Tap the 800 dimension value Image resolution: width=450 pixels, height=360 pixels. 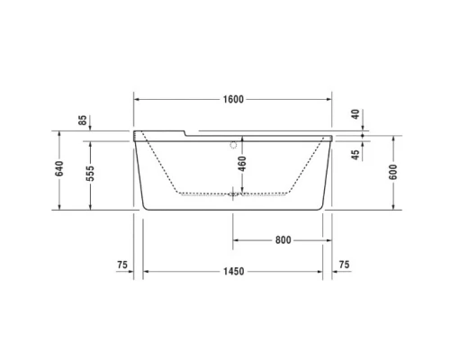(x=283, y=239)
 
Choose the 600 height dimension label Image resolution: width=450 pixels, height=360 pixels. (x=393, y=174)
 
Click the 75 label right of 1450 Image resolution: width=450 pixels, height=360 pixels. (x=343, y=265)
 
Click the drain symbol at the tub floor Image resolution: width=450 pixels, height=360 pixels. (x=234, y=192)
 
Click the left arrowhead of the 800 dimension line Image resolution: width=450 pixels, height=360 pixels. (x=237, y=240)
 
